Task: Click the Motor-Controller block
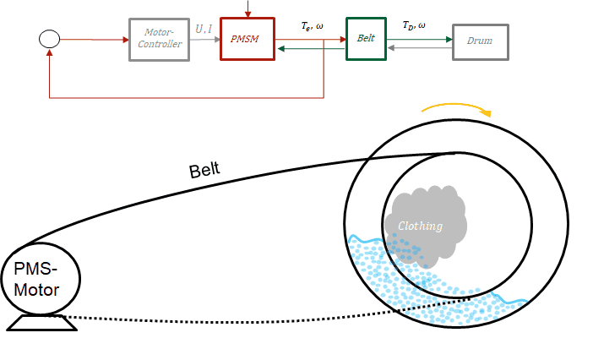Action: (159, 39)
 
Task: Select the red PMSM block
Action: (247, 39)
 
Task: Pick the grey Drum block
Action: (480, 39)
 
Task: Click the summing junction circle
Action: (50, 38)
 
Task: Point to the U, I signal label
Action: (204, 29)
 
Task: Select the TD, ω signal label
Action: (414, 27)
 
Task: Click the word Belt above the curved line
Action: (204, 169)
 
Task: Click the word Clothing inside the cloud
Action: (420, 226)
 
